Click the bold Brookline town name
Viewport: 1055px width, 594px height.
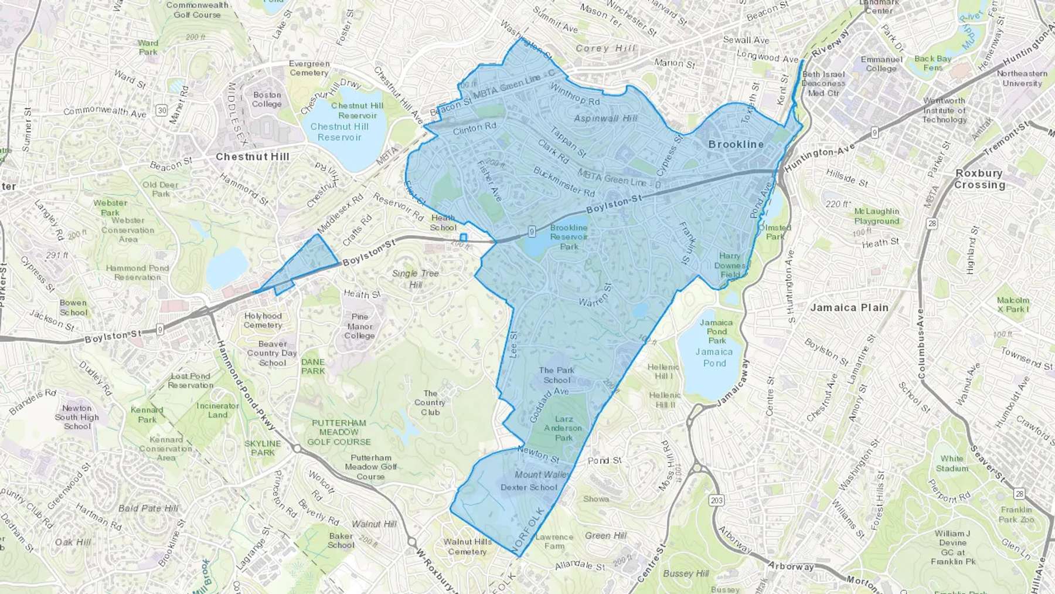tap(736, 144)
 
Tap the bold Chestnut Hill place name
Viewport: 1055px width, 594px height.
tap(253, 157)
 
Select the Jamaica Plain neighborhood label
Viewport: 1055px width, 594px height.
tap(849, 307)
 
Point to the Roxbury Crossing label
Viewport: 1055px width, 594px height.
tap(979, 179)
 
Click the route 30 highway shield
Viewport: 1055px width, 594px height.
tap(162, 110)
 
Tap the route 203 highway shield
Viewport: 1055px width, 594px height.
tap(716, 500)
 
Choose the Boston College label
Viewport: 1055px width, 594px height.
tap(267, 99)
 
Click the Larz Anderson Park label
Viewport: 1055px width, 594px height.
tap(564, 428)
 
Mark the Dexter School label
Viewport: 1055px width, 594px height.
tap(529, 487)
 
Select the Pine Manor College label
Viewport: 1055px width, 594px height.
tap(360, 326)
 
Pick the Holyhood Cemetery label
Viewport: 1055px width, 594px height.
tap(263, 320)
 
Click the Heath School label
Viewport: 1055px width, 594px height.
tap(443, 223)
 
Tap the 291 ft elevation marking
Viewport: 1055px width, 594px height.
tap(57, 256)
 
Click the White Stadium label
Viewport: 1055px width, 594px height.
tap(952, 463)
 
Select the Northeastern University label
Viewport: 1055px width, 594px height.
tap(1022, 78)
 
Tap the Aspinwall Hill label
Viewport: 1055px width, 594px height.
tap(605, 118)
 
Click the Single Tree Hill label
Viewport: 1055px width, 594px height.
tap(416, 279)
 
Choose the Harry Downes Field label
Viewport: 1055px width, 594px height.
tap(730, 265)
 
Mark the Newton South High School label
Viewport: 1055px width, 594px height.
tap(77, 417)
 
